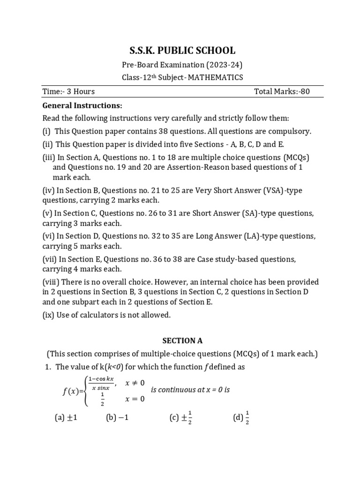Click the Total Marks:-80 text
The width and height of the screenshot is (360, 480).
[x=281, y=91]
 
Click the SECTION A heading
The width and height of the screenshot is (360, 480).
[x=180, y=341]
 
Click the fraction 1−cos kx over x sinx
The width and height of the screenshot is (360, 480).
[x=101, y=383]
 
